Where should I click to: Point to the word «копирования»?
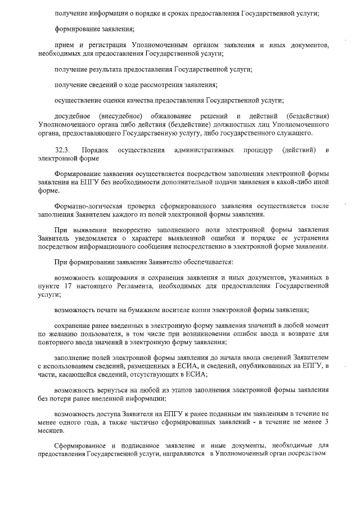tap(119, 278)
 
